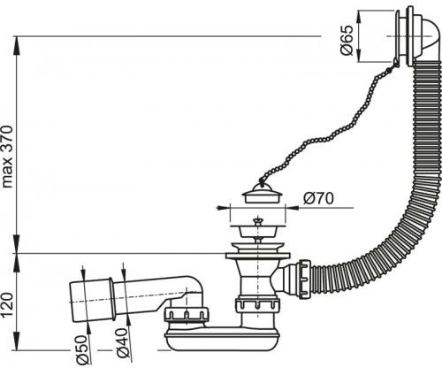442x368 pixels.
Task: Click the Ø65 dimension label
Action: tap(347, 41)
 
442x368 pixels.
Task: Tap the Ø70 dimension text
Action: tap(318, 198)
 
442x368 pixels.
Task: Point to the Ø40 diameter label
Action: tap(122, 342)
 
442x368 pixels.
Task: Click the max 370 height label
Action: tap(7, 157)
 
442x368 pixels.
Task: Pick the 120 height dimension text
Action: tap(7, 305)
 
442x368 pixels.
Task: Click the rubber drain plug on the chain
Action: tap(263, 194)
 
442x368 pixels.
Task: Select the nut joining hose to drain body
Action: tap(304, 279)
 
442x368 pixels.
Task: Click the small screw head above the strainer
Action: tap(258, 220)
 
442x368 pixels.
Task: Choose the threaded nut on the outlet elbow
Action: tap(187, 316)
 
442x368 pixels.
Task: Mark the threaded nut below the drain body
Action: tap(257, 307)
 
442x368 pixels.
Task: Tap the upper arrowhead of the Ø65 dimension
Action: tap(359, 17)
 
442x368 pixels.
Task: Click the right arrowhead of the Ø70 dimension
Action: tap(292, 208)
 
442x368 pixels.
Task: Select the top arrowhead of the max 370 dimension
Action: tap(16, 45)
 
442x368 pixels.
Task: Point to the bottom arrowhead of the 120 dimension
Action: tap(16, 342)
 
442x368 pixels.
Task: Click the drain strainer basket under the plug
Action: tap(257, 231)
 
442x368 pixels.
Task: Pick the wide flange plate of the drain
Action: tap(258, 256)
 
